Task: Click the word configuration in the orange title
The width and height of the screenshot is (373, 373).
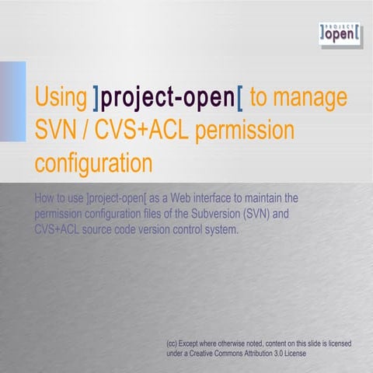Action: (92, 164)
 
